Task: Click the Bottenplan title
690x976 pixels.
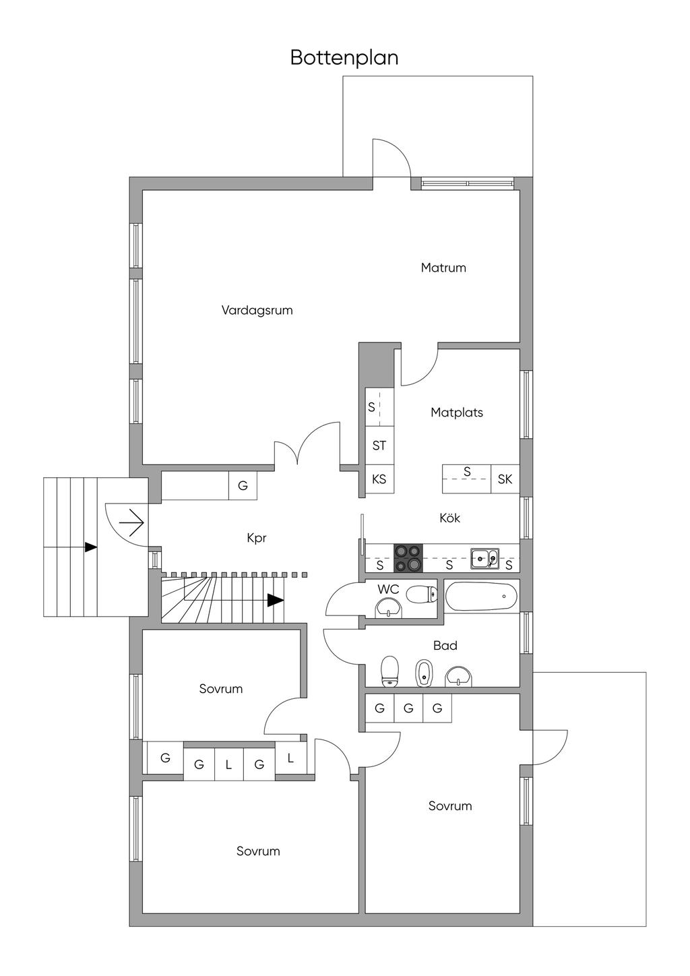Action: click(x=344, y=58)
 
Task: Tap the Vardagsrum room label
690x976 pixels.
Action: click(x=257, y=310)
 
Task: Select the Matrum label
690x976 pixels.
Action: click(x=443, y=268)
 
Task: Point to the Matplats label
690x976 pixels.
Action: click(x=457, y=413)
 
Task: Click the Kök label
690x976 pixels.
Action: click(x=450, y=518)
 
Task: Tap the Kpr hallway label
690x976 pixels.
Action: click(x=257, y=538)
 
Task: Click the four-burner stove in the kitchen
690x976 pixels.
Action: click(x=408, y=557)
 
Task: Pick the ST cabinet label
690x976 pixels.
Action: click(x=379, y=446)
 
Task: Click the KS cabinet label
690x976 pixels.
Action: click(x=379, y=479)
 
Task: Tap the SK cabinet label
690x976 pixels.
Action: click(x=505, y=479)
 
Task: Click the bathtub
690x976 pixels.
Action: click(x=482, y=596)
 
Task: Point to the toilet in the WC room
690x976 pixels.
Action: click(x=421, y=594)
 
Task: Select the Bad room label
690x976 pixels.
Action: click(x=445, y=645)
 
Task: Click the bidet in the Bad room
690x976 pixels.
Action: click(x=422, y=673)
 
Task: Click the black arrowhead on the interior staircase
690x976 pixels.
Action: click(x=276, y=600)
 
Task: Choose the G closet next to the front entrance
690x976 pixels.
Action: click(x=243, y=485)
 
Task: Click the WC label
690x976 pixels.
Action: click(x=388, y=589)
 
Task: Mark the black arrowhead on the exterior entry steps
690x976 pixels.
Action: click(x=90, y=547)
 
